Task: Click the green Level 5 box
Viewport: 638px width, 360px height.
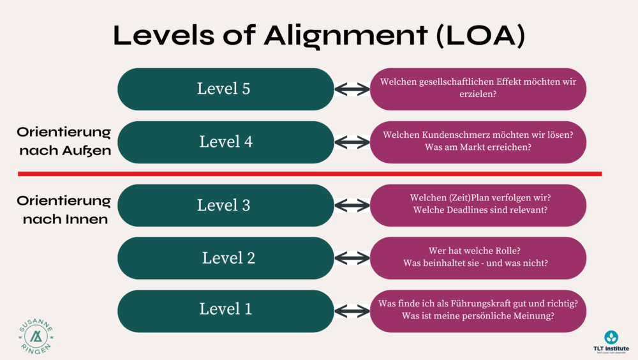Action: point(225,89)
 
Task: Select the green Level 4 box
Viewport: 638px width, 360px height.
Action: point(225,142)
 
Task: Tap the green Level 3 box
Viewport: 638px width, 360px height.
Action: point(225,206)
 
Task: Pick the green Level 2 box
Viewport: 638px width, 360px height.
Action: point(225,258)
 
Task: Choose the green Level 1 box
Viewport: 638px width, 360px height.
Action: point(225,310)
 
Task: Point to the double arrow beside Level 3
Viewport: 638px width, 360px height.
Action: point(352,206)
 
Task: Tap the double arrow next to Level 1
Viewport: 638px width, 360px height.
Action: point(352,311)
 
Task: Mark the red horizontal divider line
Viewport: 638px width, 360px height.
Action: point(309,174)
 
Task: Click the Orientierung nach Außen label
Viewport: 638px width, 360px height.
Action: point(64,141)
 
